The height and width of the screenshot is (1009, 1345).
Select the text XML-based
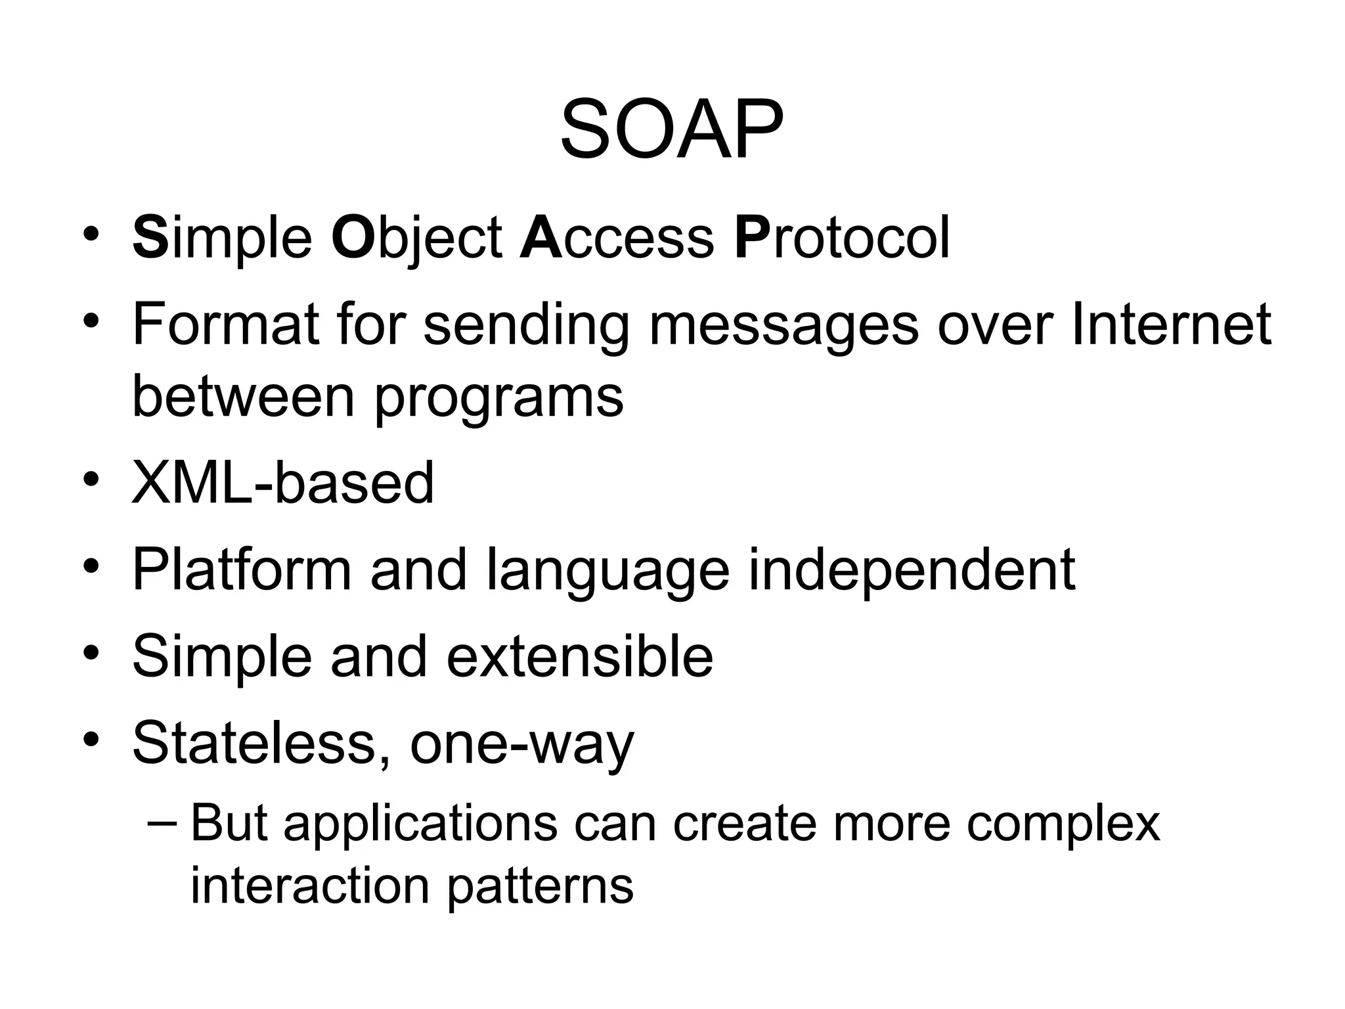click(x=283, y=483)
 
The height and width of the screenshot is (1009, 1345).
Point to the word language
click(x=607, y=570)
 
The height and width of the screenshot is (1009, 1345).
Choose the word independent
click(x=912, y=570)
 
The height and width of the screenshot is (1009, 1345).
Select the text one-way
click(x=522, y=744)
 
